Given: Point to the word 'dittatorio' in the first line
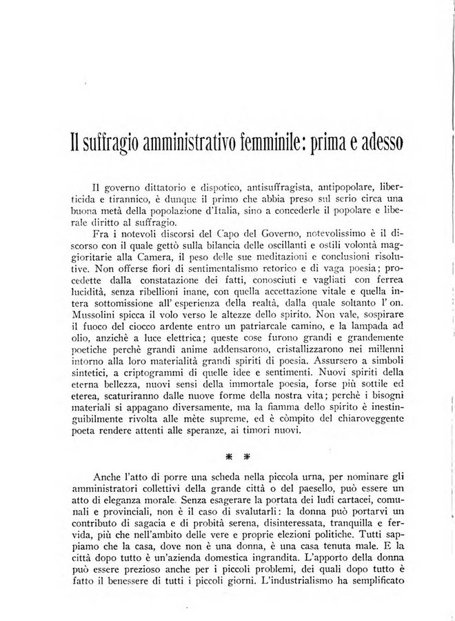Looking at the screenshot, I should point(158,188).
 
